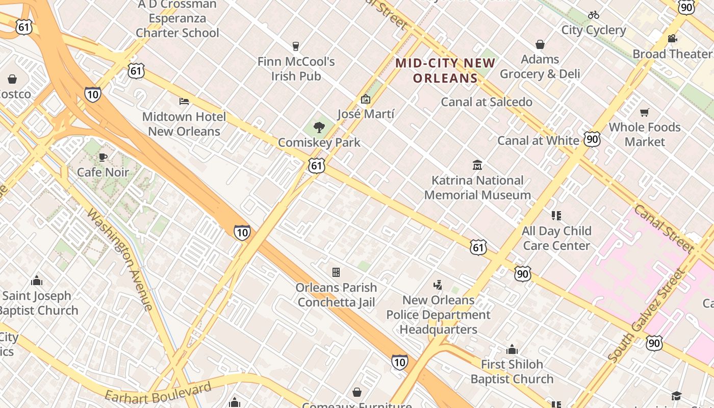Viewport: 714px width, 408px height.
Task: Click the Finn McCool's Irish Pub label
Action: click(296, 69)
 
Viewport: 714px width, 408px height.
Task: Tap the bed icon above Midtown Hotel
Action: click(184, 101)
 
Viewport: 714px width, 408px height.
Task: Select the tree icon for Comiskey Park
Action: click(319, 127)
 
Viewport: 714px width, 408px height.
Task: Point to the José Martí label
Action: click(366, 114)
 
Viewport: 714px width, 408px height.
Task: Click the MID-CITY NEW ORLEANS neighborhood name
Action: click(445, 70)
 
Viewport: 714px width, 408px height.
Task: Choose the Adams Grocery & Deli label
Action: click(540, 67)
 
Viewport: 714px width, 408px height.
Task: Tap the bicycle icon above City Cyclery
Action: click(593, 15)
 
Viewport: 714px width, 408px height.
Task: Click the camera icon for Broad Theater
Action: click(672, 38)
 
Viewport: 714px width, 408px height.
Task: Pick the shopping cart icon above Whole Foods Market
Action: click(645, 112)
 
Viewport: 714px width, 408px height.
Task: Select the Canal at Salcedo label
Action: click(487, 101)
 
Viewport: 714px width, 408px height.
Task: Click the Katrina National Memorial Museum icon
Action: click(477, 165)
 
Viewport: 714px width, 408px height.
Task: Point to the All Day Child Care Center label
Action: click(556, 238)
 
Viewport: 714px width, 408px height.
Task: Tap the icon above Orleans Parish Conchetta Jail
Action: click(336, 272)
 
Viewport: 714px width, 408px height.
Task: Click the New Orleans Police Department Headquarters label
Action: click(439, 315)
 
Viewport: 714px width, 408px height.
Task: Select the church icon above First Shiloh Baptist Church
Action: click(512, 349)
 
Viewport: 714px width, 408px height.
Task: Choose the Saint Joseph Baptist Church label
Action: click(38, 303)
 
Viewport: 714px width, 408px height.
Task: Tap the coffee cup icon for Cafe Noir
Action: click(103, 157)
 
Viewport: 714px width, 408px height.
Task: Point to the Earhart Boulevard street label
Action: click(158, 391)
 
